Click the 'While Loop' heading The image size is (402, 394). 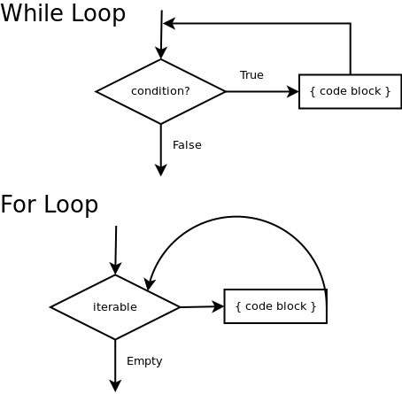click(x=63, y=13)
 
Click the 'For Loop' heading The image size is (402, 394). click(x=50, y=205)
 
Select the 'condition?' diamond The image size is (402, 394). click(x=160, y=91)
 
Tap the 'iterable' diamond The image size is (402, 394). click(x=115, y=307)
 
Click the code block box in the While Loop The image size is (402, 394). click(x=351, y=91)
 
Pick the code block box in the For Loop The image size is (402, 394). click(x=275, y=306)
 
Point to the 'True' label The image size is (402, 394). click(x=251, y=75)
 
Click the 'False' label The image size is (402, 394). click(x=187, y=145)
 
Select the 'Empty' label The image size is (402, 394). click(x=144, y=361)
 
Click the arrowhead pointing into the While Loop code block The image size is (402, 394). click(x=293, y=91)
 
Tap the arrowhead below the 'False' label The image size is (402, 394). click(x=161, y=171)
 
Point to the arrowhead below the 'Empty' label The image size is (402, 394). click(x=115, y=386)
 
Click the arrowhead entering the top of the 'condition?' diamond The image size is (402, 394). click(x=161, y=53)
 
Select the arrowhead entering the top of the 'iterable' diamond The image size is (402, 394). click(x=115, y=268)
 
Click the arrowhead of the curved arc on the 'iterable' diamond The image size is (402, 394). click(x=150, y=284)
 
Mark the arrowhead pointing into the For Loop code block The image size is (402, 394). click(x=218, y=306)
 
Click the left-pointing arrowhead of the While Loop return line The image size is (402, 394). click(x=169, y=23)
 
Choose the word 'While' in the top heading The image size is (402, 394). click(x=32, y=12)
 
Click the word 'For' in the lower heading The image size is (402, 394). click(x=19, y=204)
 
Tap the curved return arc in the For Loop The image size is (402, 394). click(x=236, y=217)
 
